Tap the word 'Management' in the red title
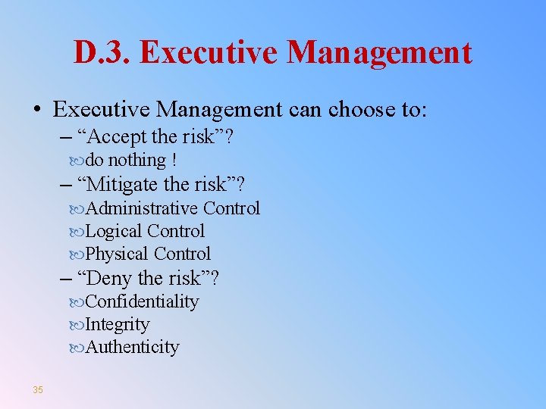tap(380, 53)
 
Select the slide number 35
tap(38, 390)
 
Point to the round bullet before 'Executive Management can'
tap(37, 111)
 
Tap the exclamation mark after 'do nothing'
tap(174, 161)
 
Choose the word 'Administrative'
tap(142, 208)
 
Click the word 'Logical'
tap(114, 231)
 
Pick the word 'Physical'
tap(117, 254)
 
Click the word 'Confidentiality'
tap(142, 301)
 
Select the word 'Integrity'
tap(118, 325)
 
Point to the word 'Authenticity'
tap(133, 348)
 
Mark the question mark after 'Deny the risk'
tap(215, 278)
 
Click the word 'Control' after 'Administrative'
tap(231, 208)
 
